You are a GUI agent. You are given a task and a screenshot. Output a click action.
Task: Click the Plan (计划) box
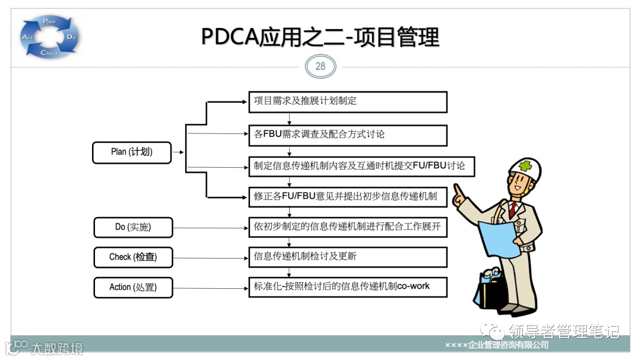click(132, 152)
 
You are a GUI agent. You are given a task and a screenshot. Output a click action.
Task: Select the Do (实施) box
click(133, 227)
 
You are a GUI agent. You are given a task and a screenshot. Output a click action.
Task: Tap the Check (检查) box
click(133, 257)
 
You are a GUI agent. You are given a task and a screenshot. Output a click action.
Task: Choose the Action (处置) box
click(133, 287)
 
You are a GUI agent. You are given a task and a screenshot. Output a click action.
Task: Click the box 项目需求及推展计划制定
click(347, 101)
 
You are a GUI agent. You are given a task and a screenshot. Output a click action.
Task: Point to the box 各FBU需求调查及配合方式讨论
click(347, 135)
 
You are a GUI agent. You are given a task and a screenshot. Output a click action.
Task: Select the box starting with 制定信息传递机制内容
click(361, 166)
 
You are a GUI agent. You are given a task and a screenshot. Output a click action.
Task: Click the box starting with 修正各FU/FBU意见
click(347, 197)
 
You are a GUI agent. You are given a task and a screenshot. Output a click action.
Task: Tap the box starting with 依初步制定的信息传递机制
click(347, 227)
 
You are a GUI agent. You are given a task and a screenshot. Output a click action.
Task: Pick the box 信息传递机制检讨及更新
click(347, 257)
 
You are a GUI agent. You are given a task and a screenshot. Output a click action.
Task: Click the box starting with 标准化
click(347, 286)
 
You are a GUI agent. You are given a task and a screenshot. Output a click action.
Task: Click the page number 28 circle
click(320, 66)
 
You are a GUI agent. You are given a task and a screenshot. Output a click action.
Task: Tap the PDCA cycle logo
click(50, 37)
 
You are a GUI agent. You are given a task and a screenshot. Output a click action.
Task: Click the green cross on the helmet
click(525, 166)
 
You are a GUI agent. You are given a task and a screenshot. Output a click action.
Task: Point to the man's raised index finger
click(457, 192)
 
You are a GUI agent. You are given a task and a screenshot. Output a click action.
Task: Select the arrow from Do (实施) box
click(210, 227)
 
